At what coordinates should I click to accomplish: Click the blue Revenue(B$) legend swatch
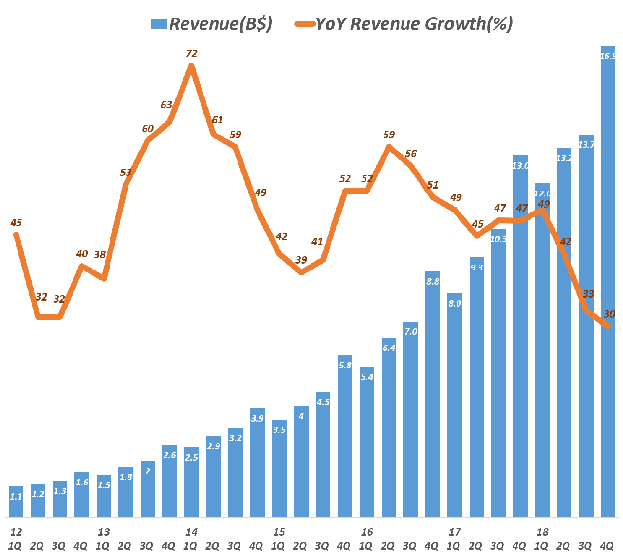pos(159,24)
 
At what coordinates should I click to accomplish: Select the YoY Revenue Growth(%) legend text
pos(414,23)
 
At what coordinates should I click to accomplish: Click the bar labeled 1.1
pos(16,502)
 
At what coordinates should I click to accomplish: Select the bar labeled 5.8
pos(345,436)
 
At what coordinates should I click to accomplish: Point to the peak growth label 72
pos(192,54)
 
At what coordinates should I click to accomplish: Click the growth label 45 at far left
pos(16,223)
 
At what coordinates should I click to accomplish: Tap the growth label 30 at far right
pos(609,314)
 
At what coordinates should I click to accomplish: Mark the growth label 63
pos(166,105)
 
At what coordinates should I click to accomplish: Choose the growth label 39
pos(301,260)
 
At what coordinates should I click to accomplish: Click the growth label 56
pos(411,154)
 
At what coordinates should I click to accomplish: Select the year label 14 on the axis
pos(191,532)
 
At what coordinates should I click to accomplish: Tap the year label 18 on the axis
pos(542,532)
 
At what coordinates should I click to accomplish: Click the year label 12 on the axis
pos(16,532)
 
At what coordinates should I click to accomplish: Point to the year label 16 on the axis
pos(367,532)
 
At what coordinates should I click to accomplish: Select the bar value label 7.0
pos(411,332)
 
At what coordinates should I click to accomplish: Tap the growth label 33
pos(588,294)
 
